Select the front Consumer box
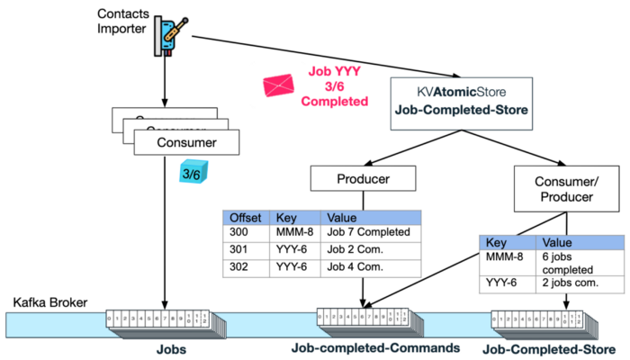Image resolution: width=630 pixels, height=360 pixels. tap(185, 141)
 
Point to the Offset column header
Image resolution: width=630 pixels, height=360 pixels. tap(246, 217)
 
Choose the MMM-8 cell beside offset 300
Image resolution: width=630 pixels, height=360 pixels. tap(298, 232)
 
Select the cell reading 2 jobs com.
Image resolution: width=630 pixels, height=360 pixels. tap(580, 287)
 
